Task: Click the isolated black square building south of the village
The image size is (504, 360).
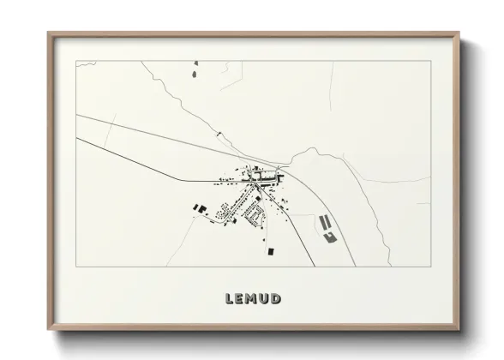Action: [273, 250]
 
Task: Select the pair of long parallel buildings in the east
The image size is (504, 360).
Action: [325, 222]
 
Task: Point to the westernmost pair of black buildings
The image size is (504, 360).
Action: [200, 207]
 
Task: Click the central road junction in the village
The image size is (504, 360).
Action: [253, 182]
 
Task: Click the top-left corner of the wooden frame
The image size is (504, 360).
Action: [49, 33]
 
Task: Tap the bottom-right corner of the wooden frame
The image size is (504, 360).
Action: [459, 328]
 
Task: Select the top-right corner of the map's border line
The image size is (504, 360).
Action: [430, 60]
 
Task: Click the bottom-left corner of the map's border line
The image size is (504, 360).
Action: [76, 267]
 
